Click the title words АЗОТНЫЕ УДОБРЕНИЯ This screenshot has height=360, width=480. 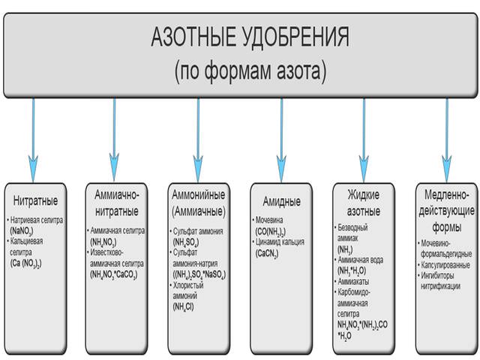click(250, 37)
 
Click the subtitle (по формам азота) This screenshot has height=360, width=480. click(250, 71)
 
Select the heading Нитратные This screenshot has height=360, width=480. click(35, 201)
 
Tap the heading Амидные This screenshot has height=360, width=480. click(281, 201)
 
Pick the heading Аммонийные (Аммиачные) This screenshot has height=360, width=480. click(199, 200)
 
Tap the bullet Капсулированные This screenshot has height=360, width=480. click(445, 265)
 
